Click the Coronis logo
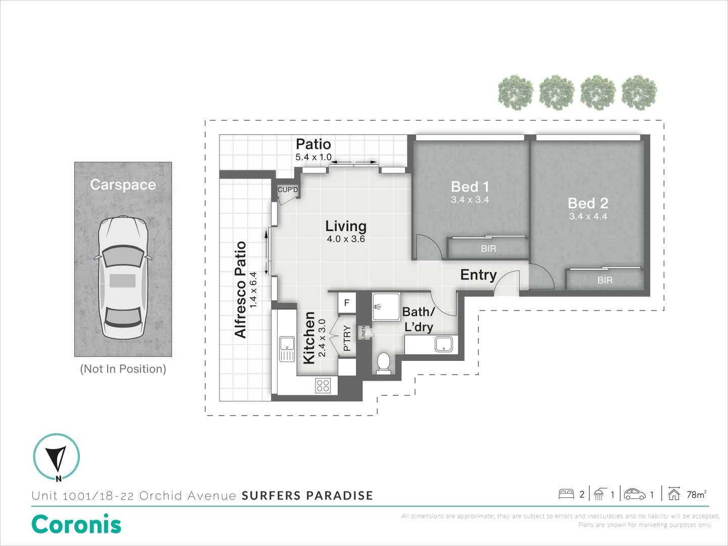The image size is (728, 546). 76,524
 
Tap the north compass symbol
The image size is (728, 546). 56,457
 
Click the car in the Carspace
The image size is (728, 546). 123,278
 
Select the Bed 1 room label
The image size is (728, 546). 470,187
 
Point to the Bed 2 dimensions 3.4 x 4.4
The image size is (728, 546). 588,216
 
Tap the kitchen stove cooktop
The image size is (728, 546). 323,386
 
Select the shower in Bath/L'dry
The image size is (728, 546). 386,306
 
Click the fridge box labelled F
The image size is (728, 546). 347,303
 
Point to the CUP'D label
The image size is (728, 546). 288,190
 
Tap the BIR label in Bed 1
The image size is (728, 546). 488,249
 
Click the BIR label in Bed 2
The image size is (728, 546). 605,280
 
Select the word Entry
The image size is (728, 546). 478,275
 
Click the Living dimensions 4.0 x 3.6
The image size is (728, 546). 346,239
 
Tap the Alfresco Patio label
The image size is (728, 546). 240,289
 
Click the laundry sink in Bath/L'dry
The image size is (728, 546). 444,344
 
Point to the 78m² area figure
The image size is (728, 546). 696,494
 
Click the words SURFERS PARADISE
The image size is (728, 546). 307,495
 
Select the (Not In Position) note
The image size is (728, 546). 123,369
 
